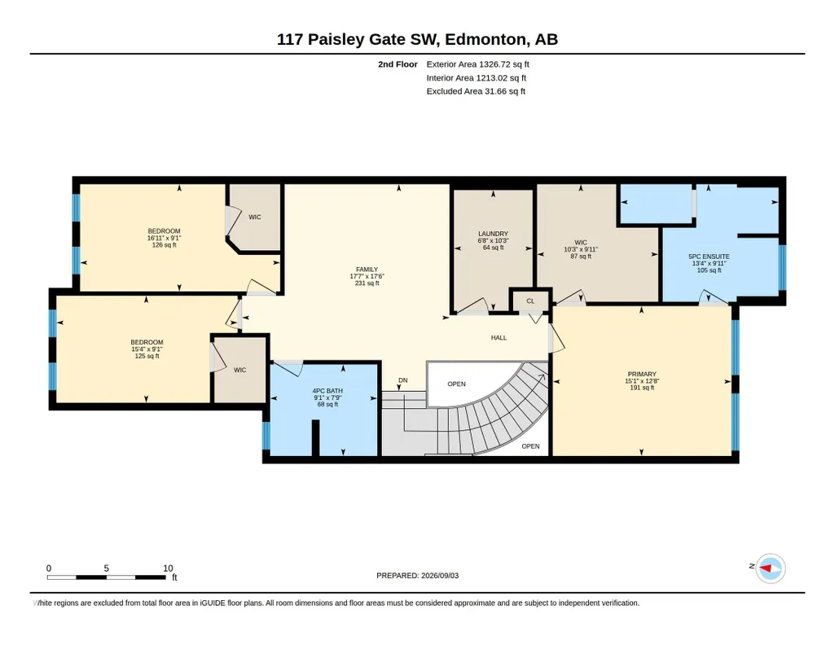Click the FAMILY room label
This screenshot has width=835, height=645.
(367, 270)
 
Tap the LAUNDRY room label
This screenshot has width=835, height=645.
(493, 234)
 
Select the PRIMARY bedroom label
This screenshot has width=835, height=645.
(642, 374)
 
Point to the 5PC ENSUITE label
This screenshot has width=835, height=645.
(709, 257)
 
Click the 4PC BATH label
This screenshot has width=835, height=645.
(327, 391)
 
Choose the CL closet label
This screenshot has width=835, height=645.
(530, 301)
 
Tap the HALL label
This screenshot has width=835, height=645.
(499, 337)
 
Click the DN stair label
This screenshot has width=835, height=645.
(403, 380)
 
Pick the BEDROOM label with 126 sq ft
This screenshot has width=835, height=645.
(164, 231)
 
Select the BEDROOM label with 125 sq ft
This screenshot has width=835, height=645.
(147, 342)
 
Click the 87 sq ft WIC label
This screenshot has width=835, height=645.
(581, 243)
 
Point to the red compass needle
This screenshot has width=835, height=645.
(767, 569)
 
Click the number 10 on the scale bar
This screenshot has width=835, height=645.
(168, 568)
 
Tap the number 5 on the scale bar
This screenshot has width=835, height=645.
(107, 568)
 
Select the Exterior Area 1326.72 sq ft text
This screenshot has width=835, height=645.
(477, 64)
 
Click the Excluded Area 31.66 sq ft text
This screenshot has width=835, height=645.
(476, 91)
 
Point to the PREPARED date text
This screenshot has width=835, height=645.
(417, 575)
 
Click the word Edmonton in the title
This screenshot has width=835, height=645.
(486, 39)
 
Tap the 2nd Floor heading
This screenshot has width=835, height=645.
(398, 64)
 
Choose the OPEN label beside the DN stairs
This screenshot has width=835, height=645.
(456, 384)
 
